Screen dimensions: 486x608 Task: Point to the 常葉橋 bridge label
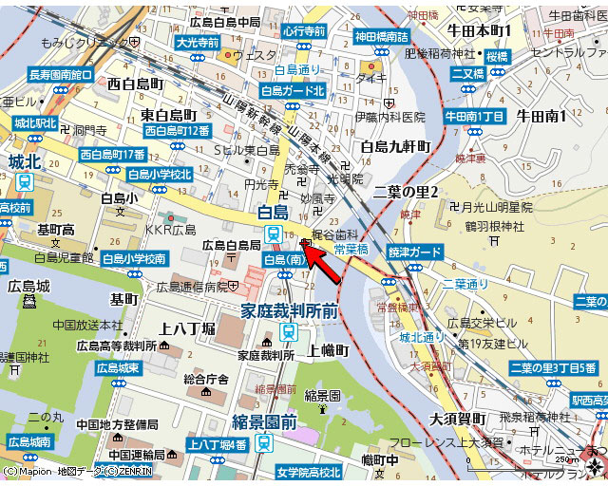[352, 250]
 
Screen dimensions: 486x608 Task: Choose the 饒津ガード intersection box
[414, 252]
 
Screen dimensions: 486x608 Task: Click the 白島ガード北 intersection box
[293, 90]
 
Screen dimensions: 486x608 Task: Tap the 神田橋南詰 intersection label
[381, 36]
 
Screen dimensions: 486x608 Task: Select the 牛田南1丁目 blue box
[474, 116]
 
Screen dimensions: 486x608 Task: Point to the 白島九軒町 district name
[395, 146]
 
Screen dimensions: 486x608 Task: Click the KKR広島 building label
[170, 230]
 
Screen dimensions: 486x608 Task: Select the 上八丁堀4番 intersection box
[217, 444]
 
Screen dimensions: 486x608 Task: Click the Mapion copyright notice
[75, 471]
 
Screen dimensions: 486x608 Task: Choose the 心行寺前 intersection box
[303, 31]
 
